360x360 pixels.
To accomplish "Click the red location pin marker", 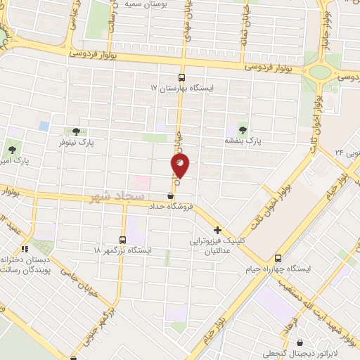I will (180, 166).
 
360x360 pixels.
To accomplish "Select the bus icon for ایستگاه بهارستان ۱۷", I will (182, 78).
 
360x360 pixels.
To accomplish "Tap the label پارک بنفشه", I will (243, 141).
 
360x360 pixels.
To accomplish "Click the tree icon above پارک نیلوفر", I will (76, 131).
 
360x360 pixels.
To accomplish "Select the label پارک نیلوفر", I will (76, 142).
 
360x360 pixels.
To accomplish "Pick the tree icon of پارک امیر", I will (11, 148).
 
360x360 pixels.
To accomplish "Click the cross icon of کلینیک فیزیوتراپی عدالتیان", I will (217, 230).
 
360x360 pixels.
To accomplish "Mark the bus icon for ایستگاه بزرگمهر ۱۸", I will (123, 239).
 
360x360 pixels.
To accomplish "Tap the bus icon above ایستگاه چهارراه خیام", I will (278, 258).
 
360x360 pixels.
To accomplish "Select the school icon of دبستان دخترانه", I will (25, 248).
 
